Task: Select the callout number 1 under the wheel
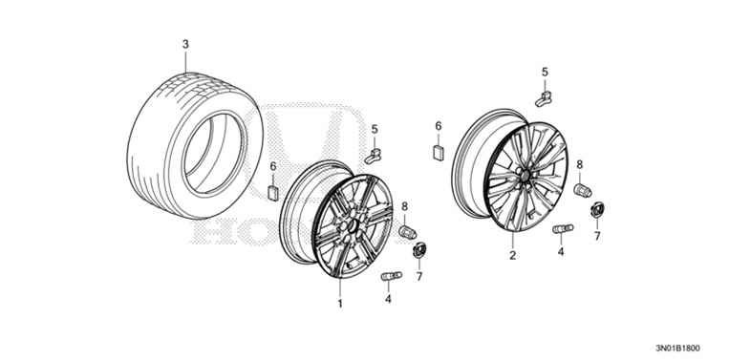click(339, 303)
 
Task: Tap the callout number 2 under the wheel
click(512, 255)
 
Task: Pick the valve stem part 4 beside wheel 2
click(562, 229)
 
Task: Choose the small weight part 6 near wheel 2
click(438, 151)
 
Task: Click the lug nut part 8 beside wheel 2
click(579, 191)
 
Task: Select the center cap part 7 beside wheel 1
click(418, 251)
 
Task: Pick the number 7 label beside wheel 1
click(418, 277)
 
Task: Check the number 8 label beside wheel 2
click(579, 164)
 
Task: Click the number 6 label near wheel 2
click(438, 125)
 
